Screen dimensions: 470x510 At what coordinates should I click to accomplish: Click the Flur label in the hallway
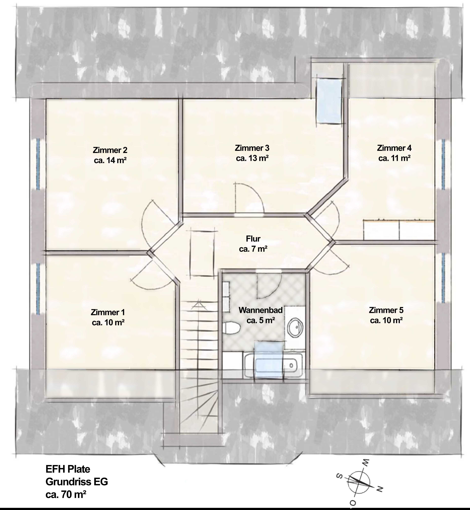(253, 244)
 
